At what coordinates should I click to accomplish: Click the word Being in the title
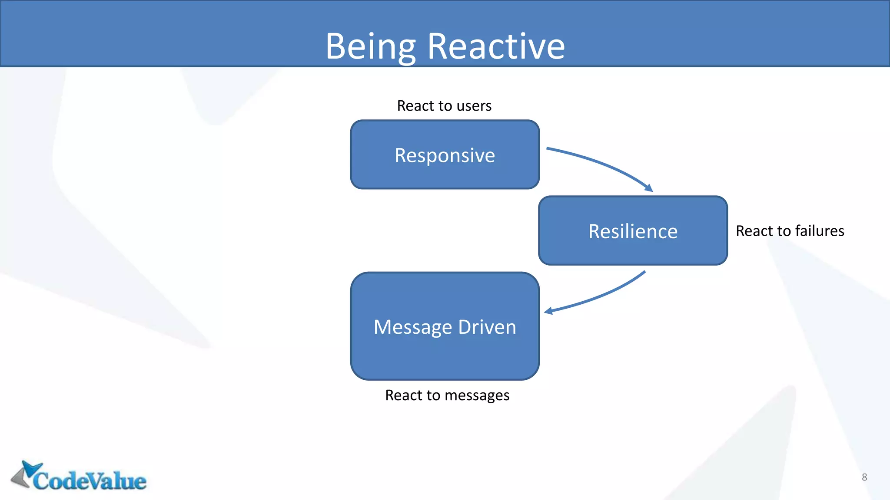coord(370,46)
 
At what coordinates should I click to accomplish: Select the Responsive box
coord(445,155)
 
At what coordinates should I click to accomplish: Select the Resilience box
coord(633,231)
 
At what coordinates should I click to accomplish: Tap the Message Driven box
coord(445,326)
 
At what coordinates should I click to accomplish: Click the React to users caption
coord(444,106)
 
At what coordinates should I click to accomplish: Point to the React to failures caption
coord(790,231)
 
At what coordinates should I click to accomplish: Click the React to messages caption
coord(447,395)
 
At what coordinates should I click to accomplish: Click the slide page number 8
coord(864,477)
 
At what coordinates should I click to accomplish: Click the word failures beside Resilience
coord(819,231)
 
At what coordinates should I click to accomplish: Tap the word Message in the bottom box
coord(413,327)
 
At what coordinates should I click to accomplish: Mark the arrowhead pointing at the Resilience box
coord(649,188)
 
